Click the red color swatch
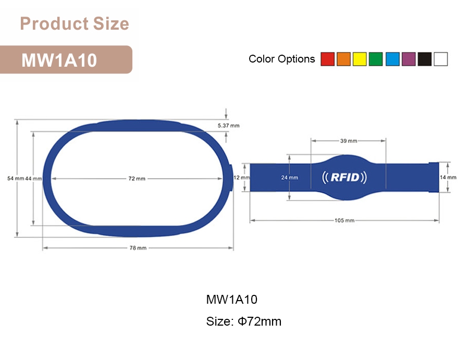pyautogui.click(x=327, y=59)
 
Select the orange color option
pyautogui.click(x=343, y=59)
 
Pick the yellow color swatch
pyautogui.click(x=360, y=59)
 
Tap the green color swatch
pyautogui.click(x=376, y=59)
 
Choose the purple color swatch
pyautogui.click(x=408, y=59)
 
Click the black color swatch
pyautogui.click(x=424, y=59)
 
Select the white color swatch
pyautogui.click(x=440, y=59)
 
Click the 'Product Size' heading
pyautogui.click(x=74, y=24)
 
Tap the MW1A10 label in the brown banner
pyautogui.click(x=59, y=60)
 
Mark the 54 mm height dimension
pyautogui.click(x=16, y=179)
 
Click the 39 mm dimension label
pyautogui.click(x=349, y=141)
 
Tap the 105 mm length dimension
pyautogui.click(x=344, y=221)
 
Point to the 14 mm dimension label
pyautogui.click(x=448, y=178)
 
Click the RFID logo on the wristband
pyautogui.click(x=345, y=178)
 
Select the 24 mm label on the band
pyautogui.click(x=290, y=178)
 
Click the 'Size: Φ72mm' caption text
pyautogui.click(x=243, y=321)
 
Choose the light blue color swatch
pyautogui.click(x=392, y=59)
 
